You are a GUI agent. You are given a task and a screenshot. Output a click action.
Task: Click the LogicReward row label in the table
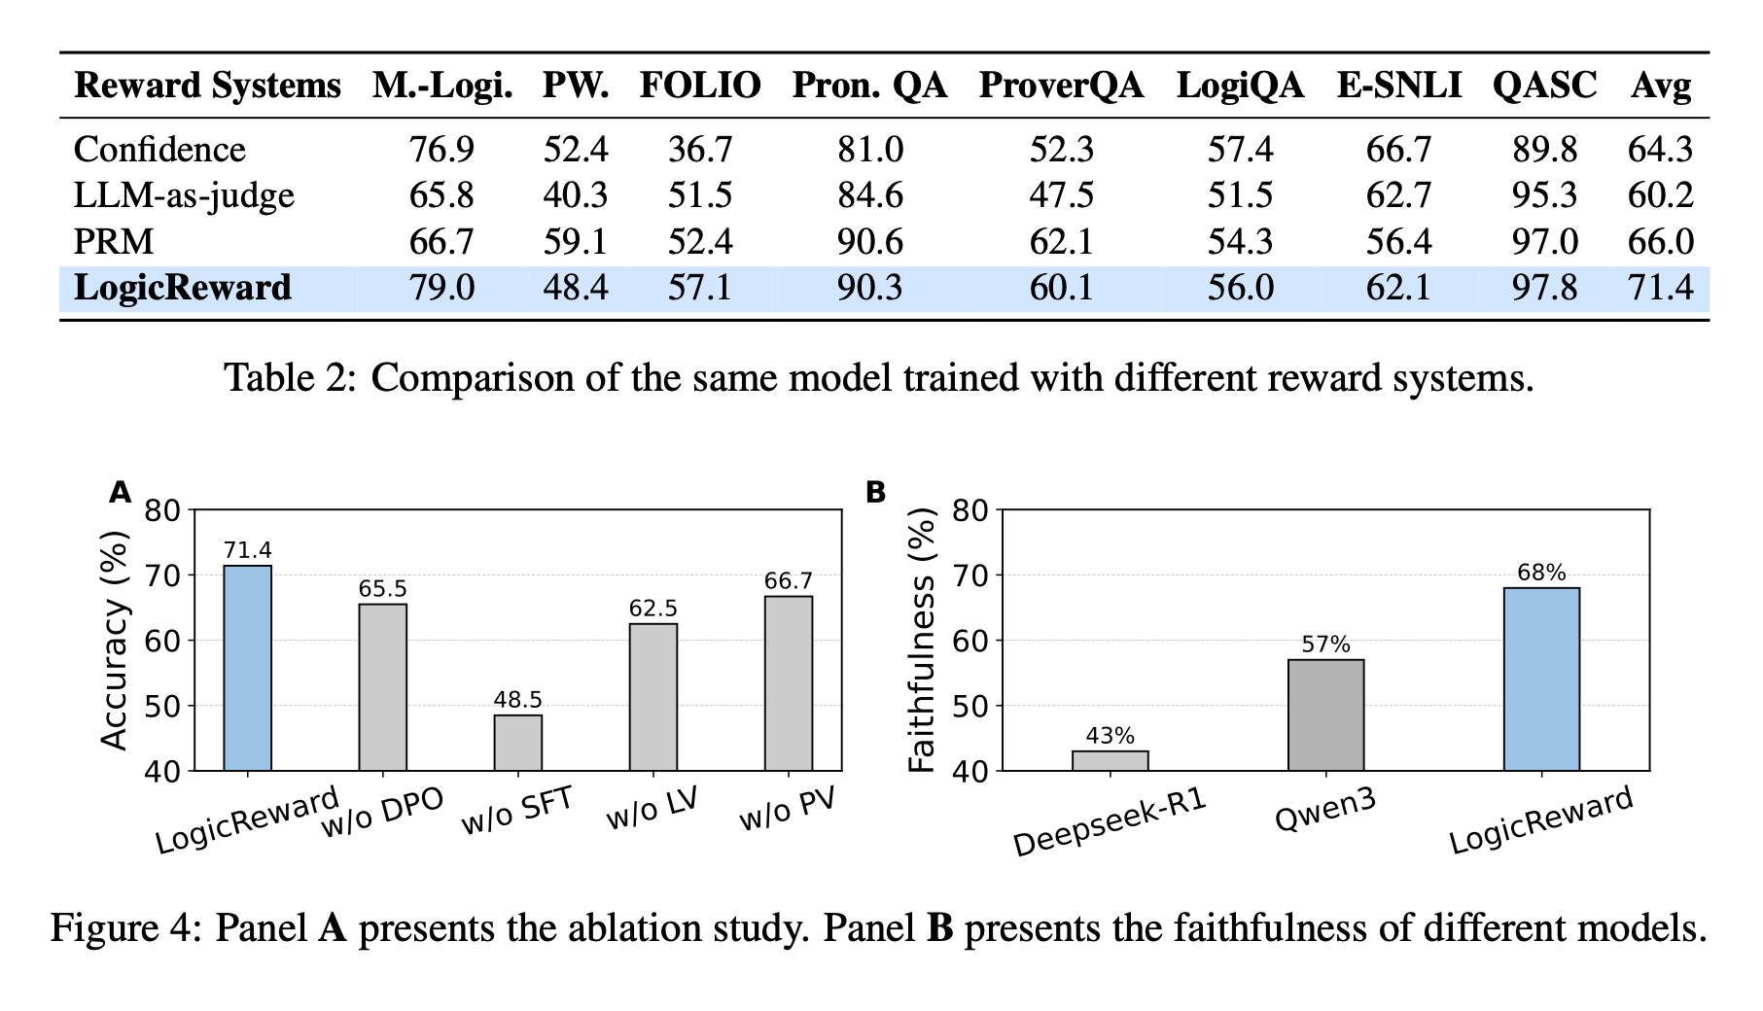[x=183, y=288]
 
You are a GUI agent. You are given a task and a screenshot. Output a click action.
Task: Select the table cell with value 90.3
[x=869, y=288]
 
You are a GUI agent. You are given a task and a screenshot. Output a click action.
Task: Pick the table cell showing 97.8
[x=1544, y=288]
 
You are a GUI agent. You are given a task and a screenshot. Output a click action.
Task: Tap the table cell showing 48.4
[x=575, y=288]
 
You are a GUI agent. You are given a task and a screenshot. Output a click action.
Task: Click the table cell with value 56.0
[x=1240, y=288]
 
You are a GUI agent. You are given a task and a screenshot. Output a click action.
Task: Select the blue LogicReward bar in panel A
[x=248, y=668]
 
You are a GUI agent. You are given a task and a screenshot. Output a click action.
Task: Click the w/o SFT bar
[x=518, y=743]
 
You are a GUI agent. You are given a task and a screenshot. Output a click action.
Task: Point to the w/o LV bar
[x=653, y=697]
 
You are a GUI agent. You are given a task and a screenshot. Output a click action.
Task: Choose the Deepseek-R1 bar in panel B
[x=1110, y=760]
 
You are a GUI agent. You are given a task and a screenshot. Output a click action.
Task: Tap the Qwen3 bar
[x=1325, y=715]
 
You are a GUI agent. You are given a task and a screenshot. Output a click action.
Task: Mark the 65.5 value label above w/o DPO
[x=383, y=589]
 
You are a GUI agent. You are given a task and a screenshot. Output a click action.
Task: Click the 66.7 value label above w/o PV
[x=788, y=581]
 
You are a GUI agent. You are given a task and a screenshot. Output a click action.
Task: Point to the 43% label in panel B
[x=1110, y=736]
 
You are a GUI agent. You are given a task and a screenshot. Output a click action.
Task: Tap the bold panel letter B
[x=875, y=493]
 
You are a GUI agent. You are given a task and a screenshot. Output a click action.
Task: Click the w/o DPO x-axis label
[x=382, y=813]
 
